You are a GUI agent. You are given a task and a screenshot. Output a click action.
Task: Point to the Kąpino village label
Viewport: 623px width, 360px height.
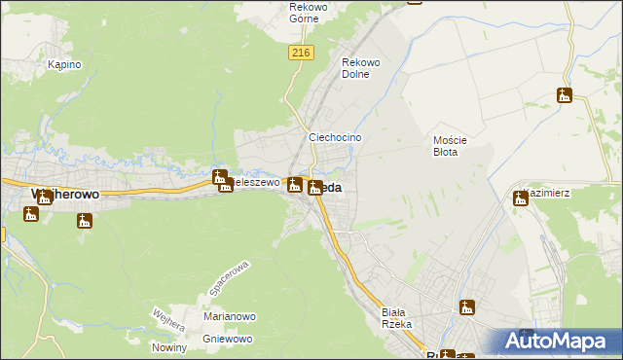click(x=64, y=64)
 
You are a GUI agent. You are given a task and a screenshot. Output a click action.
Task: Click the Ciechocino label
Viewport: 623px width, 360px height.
click(x=336, y=138)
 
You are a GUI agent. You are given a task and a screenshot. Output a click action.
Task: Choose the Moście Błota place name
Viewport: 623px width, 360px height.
click(x=451, y=146)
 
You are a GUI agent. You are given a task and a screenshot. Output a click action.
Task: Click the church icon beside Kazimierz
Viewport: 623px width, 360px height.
click(x=521, y=198)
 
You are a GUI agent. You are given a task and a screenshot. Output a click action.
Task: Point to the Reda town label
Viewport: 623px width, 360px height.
click(x=329, y=188)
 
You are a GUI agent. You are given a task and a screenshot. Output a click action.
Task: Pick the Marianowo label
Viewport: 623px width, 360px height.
click(x=229, y=316)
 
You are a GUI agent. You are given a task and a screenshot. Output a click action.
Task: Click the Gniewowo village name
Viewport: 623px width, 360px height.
click(x=228, y=339)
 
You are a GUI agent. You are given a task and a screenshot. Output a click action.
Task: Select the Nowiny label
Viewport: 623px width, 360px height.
click(x=169, y=347)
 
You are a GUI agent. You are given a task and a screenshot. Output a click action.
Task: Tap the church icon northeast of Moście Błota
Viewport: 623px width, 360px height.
click(x=565, y=95)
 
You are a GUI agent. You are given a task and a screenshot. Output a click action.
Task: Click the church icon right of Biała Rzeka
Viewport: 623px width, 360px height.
click(x=467, y=307)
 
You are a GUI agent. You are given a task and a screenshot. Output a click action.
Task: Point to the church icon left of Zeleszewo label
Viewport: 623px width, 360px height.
click(x=220, y=177)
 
